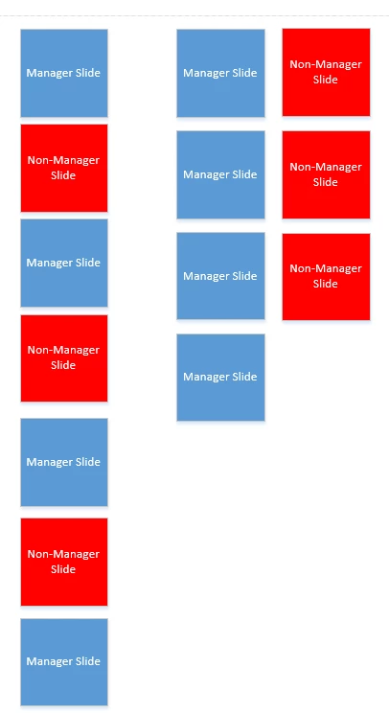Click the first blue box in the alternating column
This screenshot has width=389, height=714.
[64, 73]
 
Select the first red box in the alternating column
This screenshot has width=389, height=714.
[64, 168]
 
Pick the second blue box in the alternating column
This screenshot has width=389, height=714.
[64, 263]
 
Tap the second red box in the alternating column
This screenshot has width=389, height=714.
[64, 357]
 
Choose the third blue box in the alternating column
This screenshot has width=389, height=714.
[64, 462]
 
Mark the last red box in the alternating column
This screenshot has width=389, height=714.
[64, 562]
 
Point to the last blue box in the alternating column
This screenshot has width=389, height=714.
[64, 661]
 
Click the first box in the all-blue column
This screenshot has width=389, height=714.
[220, 73]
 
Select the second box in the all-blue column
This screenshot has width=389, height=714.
[220, 174]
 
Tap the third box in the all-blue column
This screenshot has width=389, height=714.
[220, 276]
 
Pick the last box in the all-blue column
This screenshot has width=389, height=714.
[220, 377]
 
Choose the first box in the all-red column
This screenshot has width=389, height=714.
[326, 72]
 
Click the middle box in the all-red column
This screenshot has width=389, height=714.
[326, 174]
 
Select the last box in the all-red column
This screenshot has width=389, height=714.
[326, 276]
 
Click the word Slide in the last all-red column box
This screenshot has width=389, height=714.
[326, 284]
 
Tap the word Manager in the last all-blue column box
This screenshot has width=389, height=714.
[201, 377]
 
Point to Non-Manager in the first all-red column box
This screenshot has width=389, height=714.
[326, 64]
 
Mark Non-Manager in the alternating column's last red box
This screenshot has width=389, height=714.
[63, 554]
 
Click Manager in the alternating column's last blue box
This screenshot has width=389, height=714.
[44, 661]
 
